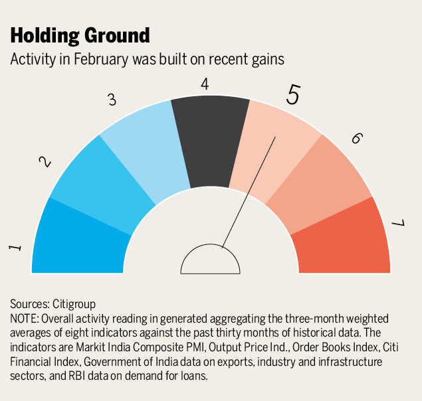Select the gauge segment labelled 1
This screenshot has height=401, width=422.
(76, 239)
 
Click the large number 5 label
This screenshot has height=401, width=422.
(293, 95)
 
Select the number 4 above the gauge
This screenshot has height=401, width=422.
(205, 84)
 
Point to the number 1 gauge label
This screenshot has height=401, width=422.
(16, 248)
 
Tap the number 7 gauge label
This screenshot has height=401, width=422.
(398, 223)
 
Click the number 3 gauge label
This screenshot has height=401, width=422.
(112, 100)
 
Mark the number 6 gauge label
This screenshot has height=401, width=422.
(356, 138)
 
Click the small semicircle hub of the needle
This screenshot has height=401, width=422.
(210, 262)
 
